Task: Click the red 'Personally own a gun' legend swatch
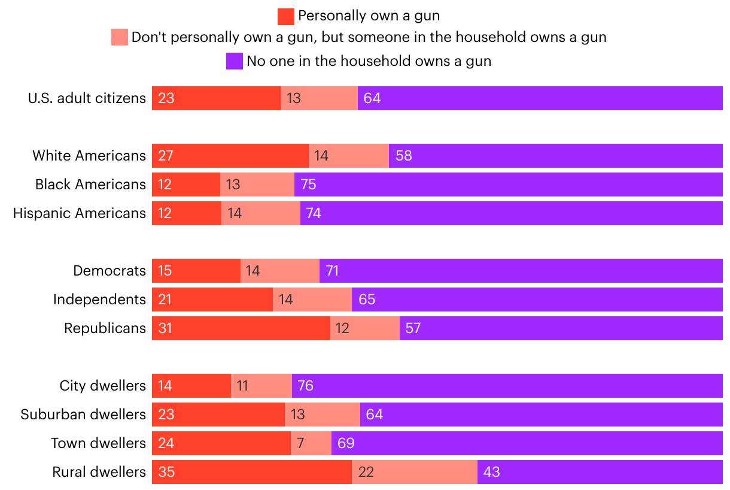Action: (x=286, y=17)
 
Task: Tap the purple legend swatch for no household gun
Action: (x=235, y=61)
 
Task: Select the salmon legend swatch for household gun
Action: (x=120, y=38)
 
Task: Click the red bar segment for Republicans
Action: (x=241, y=328)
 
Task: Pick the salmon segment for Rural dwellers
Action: (x=414, y=472)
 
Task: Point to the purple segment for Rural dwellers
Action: (x=600, y=472)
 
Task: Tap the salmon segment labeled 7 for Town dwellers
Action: (x=311, y=443)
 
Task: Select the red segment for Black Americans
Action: (x=186, y=184)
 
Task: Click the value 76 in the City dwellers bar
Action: (x=305, y=386)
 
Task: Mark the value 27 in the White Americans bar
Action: (x=166, y=156)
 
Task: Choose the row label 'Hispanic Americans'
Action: (x=80, y=213)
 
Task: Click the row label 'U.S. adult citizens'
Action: (x=87, y=98)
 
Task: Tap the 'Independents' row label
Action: (x=99, y=300)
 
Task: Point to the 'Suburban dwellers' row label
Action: (x=83, y=415)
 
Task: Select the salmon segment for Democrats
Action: (x=280, y=271)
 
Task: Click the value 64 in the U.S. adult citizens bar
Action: (x=372, y=98)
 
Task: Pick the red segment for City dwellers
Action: (x=191, y=386)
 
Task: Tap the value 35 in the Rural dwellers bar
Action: (x=166, y=472)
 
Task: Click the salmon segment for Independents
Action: (x=312, y=300)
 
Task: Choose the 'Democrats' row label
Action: (x=109, y=271)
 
